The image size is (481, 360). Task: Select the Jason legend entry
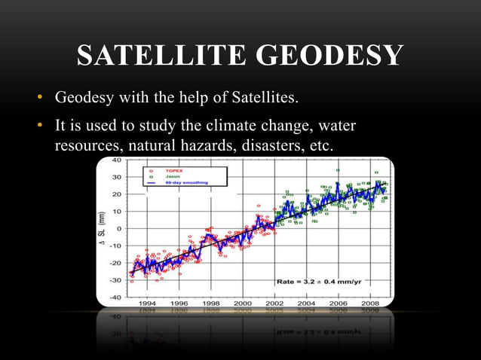tap(164, 178)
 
